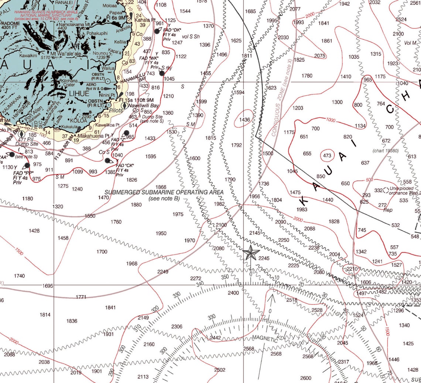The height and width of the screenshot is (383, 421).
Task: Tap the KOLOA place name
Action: pos(77,120)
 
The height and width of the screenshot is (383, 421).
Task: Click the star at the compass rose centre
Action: pos(251,253)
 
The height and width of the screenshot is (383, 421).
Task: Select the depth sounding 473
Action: pos(327,155)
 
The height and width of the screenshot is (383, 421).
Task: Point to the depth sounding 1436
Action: pos(244,120)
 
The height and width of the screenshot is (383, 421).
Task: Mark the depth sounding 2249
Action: pos(162,272)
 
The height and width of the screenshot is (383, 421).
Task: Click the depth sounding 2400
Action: pos(233,293)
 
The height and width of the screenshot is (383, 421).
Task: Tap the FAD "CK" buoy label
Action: pos(124,165)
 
